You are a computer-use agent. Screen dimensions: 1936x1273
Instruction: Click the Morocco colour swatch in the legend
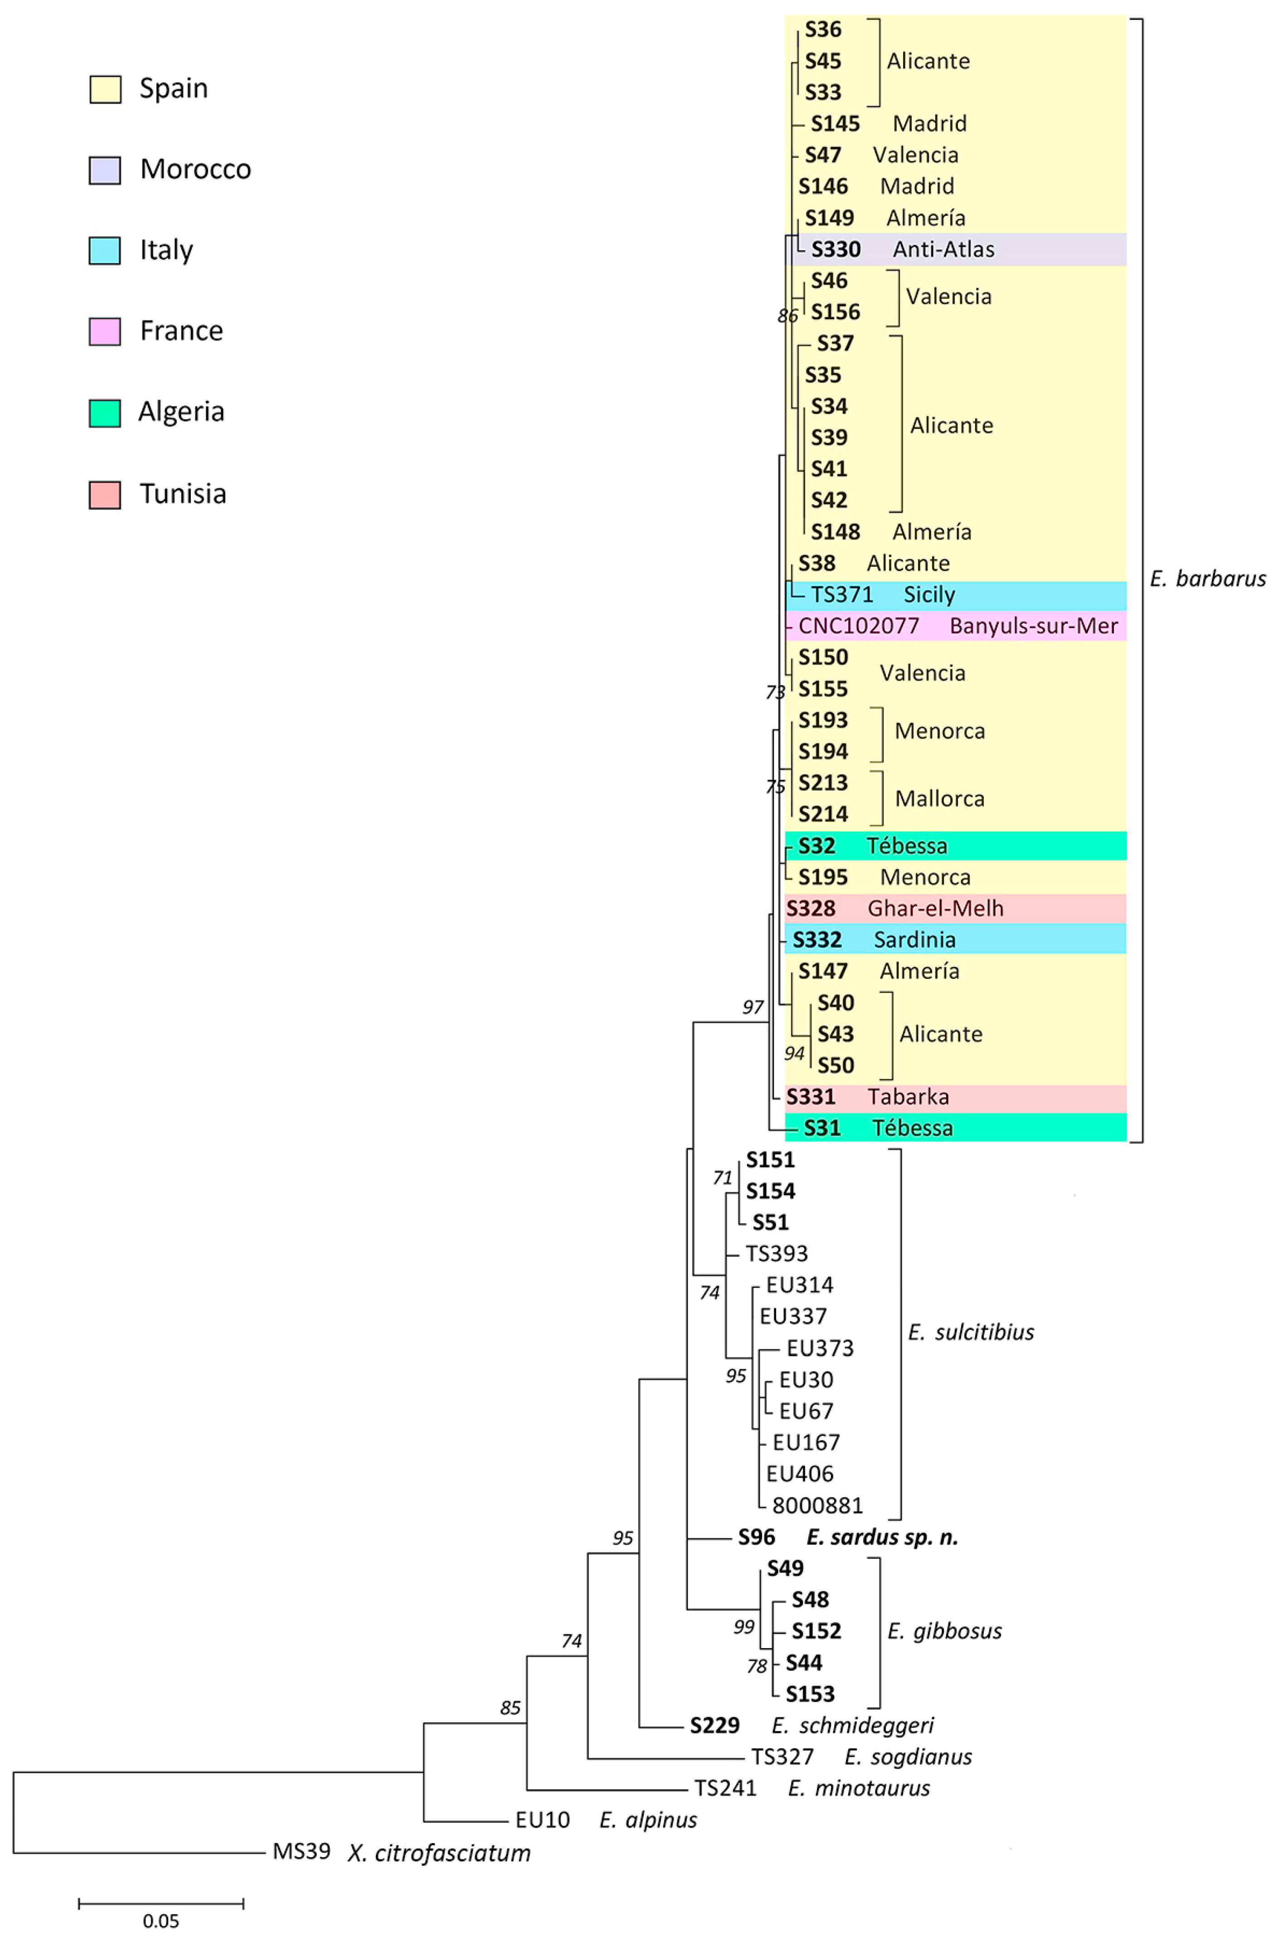pos(104,170)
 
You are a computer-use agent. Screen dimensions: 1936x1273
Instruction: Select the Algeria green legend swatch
pos(104,413)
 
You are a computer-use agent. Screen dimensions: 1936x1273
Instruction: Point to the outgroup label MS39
pos(301,1851)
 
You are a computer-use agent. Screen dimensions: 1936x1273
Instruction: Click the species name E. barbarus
pos(1207,579)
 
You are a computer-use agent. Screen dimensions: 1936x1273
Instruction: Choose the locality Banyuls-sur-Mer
pos(1033,626)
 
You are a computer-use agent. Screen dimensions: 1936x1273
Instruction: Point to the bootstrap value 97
pos(753,1007)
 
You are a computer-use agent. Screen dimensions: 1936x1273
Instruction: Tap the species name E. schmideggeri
pos(852,1725)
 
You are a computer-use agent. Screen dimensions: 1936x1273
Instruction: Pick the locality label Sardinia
pos(914,939)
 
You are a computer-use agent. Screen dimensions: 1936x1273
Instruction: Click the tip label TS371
pos(842,595)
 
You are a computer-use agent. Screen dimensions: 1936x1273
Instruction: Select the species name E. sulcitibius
pos(971,1332)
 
